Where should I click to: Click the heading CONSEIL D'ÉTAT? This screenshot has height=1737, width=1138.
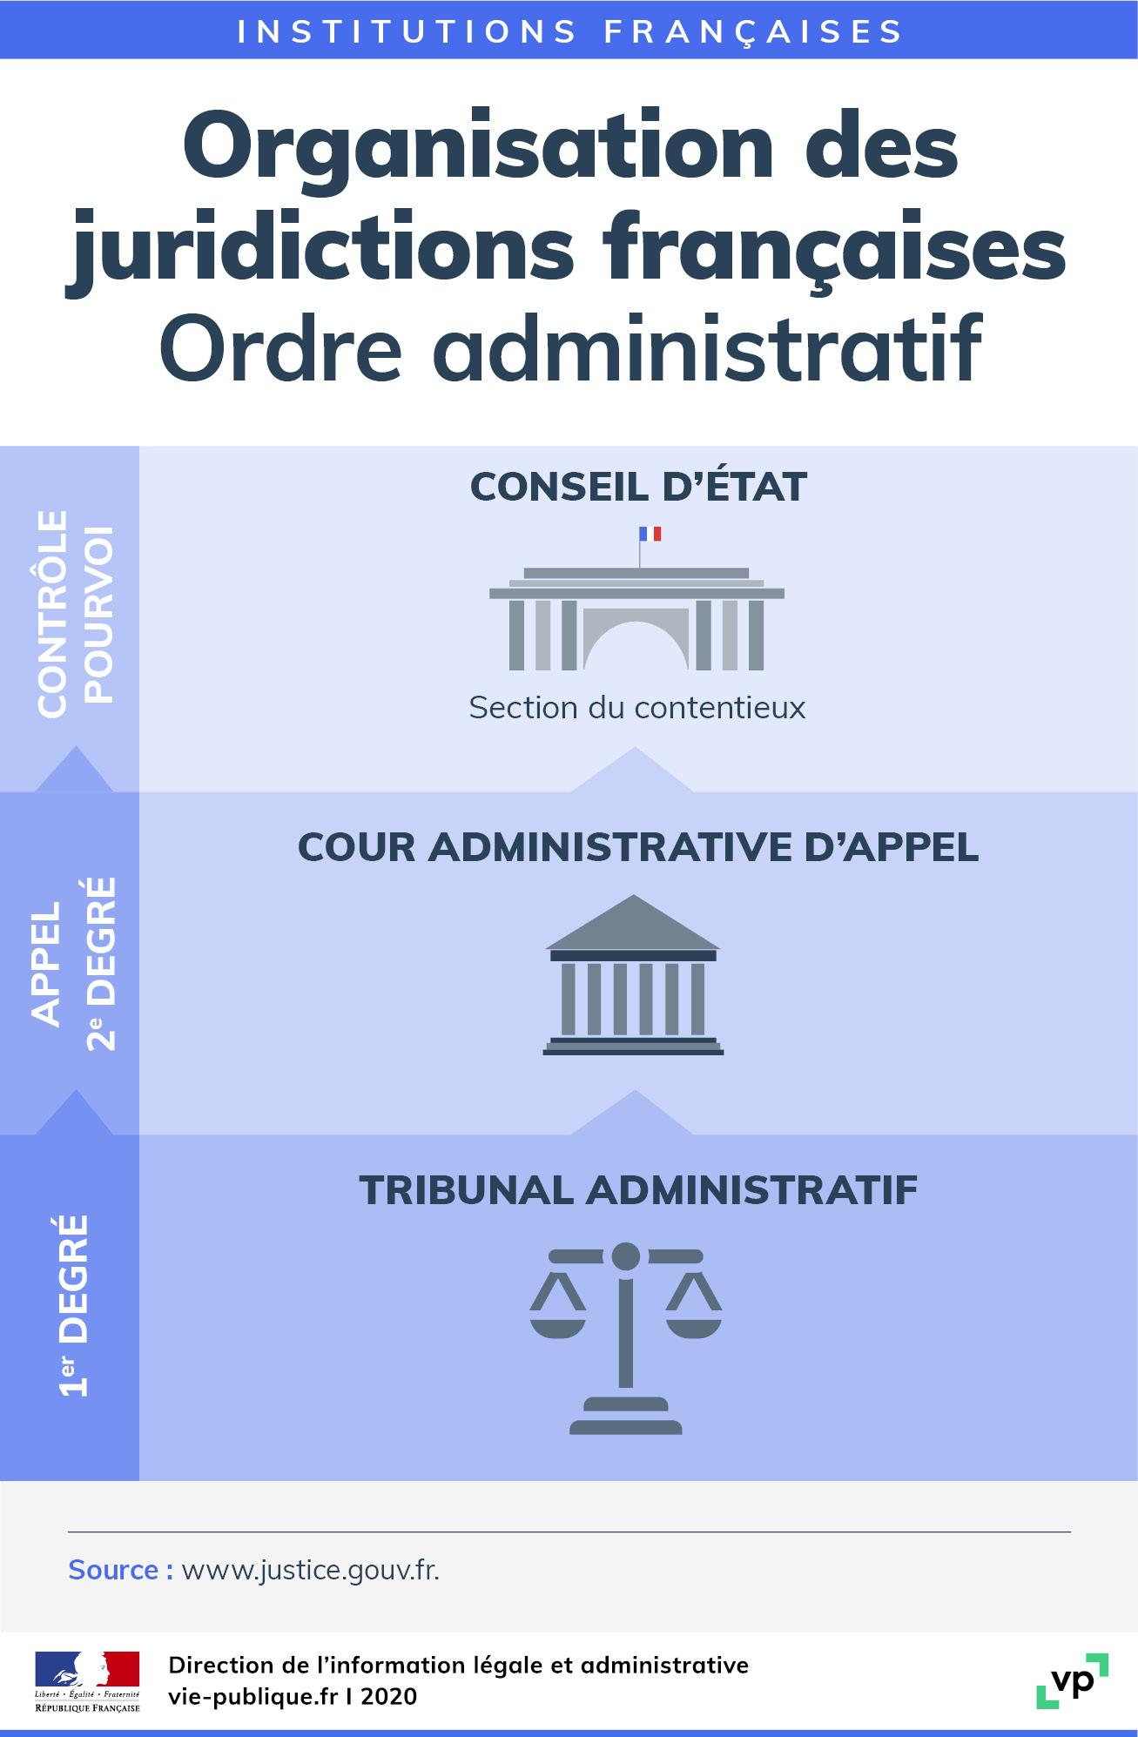coord(638,487)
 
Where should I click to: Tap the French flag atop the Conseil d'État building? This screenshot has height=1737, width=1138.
coord(650,533)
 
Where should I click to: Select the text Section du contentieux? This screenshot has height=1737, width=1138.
coord(636,707)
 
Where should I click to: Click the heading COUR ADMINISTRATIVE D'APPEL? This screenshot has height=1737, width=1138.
coord(638,847)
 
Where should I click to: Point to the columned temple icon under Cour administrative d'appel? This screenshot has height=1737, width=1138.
coord(633,975)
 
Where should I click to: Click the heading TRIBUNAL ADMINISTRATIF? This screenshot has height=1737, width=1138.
coord(638,1190)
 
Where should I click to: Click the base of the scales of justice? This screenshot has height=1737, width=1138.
coord(625,1420)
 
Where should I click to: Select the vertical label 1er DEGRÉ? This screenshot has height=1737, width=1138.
coord(74,1306)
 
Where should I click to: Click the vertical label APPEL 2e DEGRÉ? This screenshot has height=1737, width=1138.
coord(74,963)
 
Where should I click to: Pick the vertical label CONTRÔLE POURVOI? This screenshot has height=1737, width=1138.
coord(74,614)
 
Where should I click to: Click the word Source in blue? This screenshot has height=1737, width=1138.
coord(113,1570)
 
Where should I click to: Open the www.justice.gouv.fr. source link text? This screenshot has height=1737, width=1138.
coord(310,1570)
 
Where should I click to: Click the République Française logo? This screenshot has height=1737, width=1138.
coord(86,1681)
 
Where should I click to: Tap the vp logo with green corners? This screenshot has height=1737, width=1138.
coord(1072,1680)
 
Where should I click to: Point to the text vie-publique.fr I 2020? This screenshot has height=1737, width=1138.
coord(293,1696)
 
